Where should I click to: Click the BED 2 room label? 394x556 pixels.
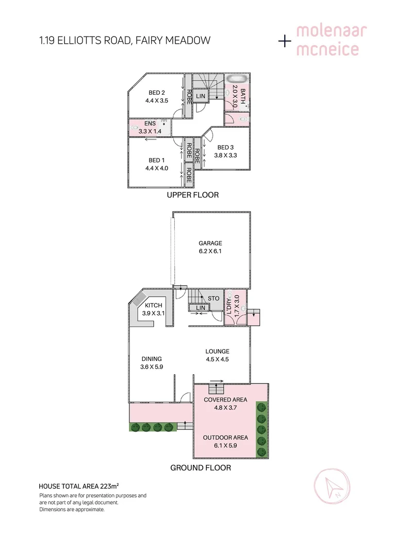[x=157, y=93]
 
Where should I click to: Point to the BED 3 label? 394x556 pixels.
[x=226, y=148]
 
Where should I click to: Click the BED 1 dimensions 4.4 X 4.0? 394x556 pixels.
[x=157, y=168]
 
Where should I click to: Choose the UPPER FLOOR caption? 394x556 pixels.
[x=192, y=195]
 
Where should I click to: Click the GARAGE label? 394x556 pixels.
[x=210, y=244]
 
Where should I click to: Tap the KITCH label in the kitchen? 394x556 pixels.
[x=153, y=305]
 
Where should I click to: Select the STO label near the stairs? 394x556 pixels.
[x=214, y=298]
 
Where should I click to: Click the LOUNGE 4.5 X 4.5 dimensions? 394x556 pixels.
[x=217, y=360]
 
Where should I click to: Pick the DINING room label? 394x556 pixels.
[x=152, y=359]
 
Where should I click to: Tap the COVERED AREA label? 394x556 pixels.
[x=225, y=399]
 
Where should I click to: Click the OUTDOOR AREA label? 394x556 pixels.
[x=225, y=438]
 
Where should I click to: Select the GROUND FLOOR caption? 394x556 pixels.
[x=201, y=468]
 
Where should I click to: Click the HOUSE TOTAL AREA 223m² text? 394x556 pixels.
[x=79, y=485]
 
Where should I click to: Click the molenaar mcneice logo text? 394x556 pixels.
[x=331, y=40]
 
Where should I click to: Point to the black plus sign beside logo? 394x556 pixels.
[x=284, y=42]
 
